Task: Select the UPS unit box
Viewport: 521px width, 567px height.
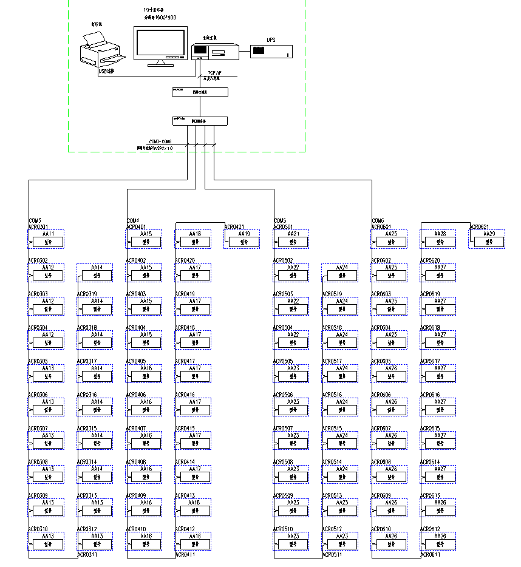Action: (271, 51)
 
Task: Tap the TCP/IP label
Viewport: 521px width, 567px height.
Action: (214, 72)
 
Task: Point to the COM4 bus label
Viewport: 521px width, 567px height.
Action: (132, 220)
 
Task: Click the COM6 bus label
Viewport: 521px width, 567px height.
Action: (378, 220)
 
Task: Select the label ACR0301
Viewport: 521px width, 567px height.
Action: (38, 226)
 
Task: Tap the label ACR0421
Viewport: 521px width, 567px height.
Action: (234, 226)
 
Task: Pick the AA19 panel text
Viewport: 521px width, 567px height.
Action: (243, 234)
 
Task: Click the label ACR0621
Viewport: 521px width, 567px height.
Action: (479, 226)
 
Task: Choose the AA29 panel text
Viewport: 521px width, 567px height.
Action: (488, 234)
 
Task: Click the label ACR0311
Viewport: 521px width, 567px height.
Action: (87, 554)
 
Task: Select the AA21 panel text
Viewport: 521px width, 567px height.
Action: (293, 234)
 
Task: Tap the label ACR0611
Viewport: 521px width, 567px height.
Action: (431, 554)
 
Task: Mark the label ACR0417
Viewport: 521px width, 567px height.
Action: (185, 361)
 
